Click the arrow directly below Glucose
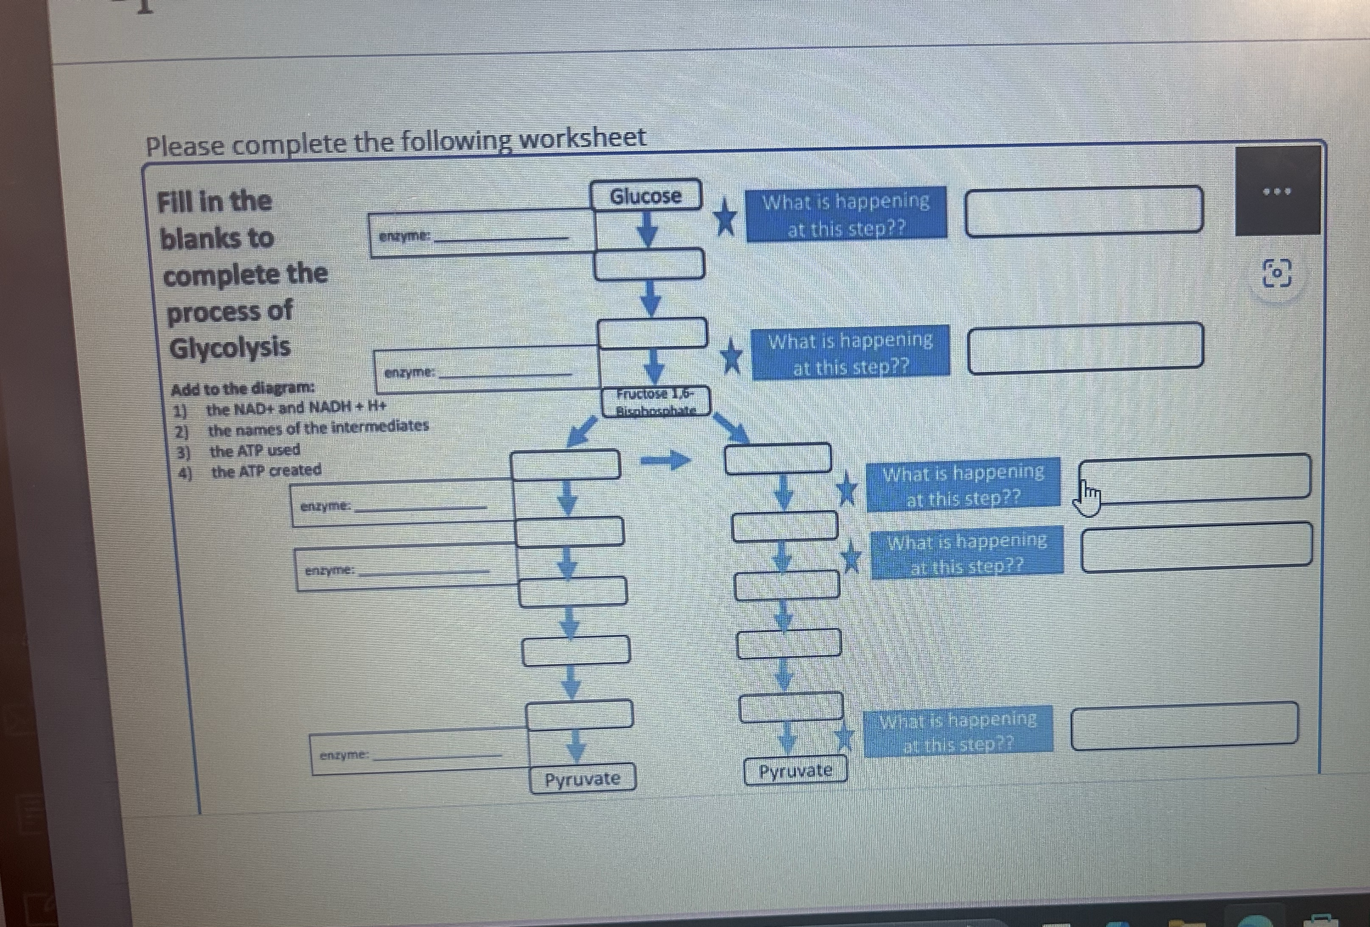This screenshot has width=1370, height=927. click(x=647, y=229)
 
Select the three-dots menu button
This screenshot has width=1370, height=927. click(x=1277, y=191)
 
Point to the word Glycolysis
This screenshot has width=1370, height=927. click(x=230, y=346)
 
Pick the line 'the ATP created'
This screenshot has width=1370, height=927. click(x=266, y=471)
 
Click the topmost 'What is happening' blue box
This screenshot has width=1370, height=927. click(x=846, y=214)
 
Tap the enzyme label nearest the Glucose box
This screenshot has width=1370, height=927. click(x=406, y=236)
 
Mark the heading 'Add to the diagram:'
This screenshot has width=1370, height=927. click(x=242, y=388)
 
